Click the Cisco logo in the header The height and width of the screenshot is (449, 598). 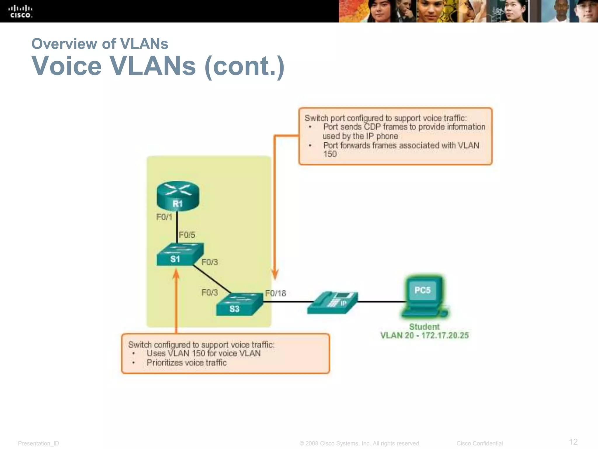tap(20, 11)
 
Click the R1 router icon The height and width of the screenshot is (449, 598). tap(178, 196)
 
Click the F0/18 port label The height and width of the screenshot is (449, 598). tap(276, 293)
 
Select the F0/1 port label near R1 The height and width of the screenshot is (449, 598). tap(164, 217)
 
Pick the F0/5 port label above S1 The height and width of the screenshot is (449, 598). tap(187, 235)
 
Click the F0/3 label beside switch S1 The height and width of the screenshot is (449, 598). tap(210, 262)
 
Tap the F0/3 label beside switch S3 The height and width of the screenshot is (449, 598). tap(209, 293)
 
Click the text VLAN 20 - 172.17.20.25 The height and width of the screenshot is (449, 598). tap(424, 336)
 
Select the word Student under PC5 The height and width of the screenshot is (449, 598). tap(424, 327)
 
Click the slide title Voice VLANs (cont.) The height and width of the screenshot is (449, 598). tap(158, 66)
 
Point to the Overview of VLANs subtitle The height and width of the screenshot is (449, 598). tap(100, 44)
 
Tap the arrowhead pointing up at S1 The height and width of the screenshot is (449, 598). tap(176, 274)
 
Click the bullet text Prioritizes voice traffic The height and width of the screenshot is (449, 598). tap(186, 363)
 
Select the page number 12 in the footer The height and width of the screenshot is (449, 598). tap(573, 441)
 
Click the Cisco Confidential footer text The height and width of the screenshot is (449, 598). tap(479, 443)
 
